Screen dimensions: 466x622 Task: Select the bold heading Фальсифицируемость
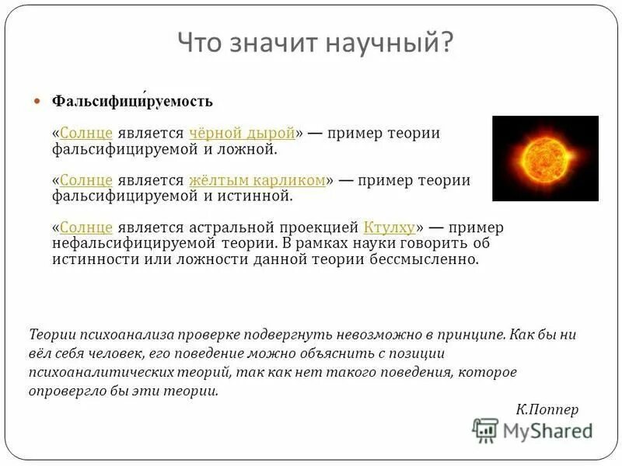(x=132, y=102)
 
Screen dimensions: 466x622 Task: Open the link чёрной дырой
(x=241, y=133)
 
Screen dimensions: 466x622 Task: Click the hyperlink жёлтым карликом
(x=257, y=180)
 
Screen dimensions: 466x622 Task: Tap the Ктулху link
(x=389, y=228)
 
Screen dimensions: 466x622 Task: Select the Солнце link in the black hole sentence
(x=86, y=133)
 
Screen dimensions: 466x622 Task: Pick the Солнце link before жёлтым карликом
(x=86, y=180)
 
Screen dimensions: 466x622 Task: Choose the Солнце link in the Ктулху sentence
(x=86, y=228)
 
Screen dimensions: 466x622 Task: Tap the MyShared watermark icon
(x=486, y=429)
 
